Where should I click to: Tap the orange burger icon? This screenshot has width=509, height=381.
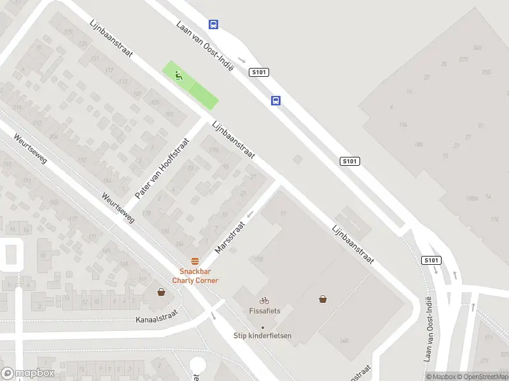point(195,261)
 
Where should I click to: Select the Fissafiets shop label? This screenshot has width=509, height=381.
point(264,311)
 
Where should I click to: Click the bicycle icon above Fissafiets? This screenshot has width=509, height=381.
point(264,300)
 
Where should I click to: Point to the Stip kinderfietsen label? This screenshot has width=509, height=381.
point(263,335)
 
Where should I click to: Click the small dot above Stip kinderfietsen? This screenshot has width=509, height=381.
point(263,327)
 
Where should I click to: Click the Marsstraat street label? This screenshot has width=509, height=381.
point(230,237)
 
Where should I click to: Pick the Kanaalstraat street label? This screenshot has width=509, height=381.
point(157,316)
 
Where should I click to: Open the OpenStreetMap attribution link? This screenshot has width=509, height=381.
point(483,377)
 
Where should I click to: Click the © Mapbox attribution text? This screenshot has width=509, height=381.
point(442,377)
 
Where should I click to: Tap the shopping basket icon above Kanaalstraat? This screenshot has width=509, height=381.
point(162,292)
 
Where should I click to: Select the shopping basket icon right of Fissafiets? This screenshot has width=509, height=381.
point(323,298)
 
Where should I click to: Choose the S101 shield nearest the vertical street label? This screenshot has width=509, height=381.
point(431,260)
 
